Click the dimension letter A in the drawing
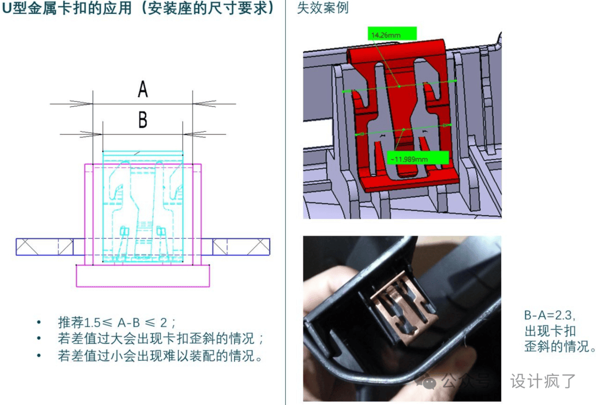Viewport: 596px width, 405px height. coord(142,89)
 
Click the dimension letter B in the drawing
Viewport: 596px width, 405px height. coord(142,120)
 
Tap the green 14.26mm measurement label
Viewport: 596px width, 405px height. coord(392,34)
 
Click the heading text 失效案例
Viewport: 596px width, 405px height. coord(322,8)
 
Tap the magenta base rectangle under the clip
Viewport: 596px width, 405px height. coord(143,275)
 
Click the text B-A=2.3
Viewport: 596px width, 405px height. coord(549,315)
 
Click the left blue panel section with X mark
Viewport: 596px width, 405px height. coord(45,247)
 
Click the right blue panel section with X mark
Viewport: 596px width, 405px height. coord(241,247)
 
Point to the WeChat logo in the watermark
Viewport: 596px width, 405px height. coord(427,381)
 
